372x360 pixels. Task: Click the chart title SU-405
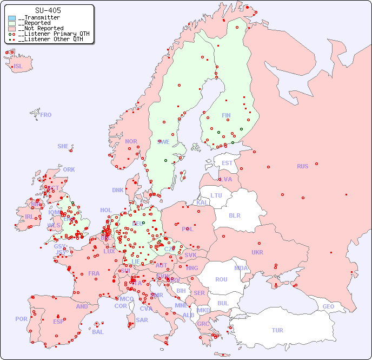coord(48,10)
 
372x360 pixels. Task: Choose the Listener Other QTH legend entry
coord(49,40)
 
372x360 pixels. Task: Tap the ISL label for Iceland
coord(18,67)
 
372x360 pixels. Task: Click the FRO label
coord(46,115)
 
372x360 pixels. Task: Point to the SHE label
coord(63,146)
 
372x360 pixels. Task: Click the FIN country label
coord(226,115)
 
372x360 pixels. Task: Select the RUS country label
coord(302,166)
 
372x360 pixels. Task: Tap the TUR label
coord(277,330)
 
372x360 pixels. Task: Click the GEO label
coord(328,306)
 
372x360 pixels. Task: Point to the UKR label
coord(257,252)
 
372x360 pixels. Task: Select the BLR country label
coord(234,215)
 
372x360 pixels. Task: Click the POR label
coord(21,319)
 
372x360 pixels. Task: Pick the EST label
coord(227,163)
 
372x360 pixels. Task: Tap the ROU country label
coord(221,279)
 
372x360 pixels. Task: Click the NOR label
coord(131,141)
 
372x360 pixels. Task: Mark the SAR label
coord(142,320)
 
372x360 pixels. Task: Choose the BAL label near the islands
coord(97,332)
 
